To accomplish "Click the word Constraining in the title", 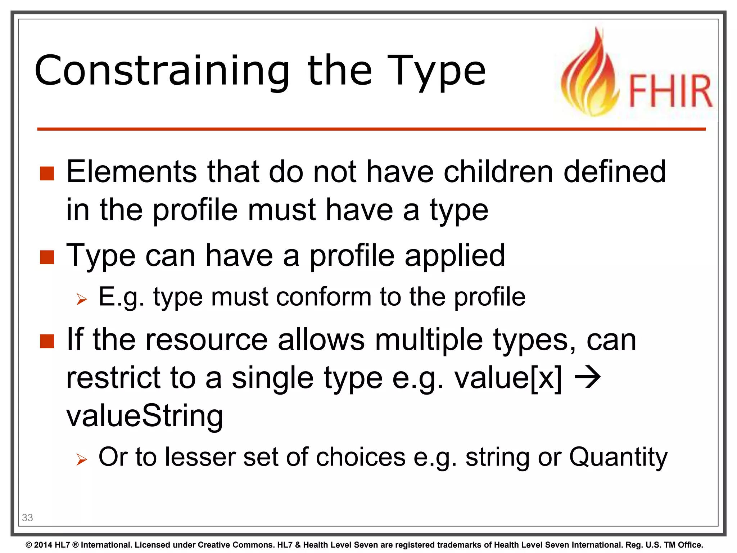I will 162,71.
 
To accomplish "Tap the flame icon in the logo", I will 590,76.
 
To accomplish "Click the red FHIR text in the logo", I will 670,91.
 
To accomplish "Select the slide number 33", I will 27,518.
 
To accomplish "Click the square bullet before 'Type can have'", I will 47,257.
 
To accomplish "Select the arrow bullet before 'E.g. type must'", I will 82,299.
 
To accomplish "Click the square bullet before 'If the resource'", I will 47,341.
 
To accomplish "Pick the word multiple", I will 429,340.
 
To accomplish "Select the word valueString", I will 145,416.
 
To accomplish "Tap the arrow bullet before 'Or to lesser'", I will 82,459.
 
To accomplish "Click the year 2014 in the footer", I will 43,545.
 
